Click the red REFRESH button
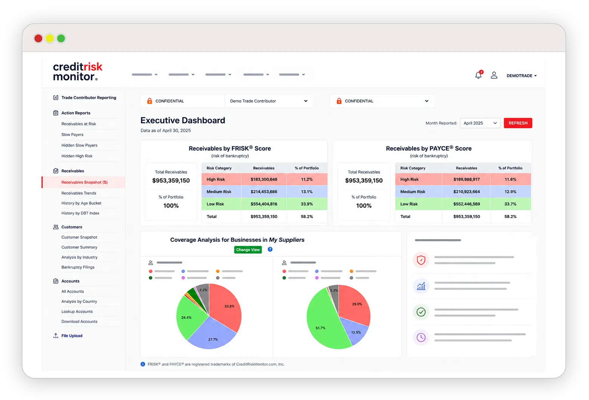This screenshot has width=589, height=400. pyautogui.click(x=518, y=123)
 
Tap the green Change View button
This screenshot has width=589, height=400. pyautogui.click(x=248, y=250)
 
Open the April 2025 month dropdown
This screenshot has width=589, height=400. pyautogui.click(x=480, y=123)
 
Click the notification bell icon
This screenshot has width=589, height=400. pyautogui.click(x=478, y=75)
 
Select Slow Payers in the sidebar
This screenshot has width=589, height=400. pyautogui.click(x=72, y=135)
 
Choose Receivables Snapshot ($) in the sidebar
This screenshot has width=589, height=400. pyautogui.click(x=84, y=182)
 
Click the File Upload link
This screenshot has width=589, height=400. pyautogui.click(x=72, y=336)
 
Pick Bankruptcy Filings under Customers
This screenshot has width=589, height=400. pyautogui.click(x=78, y=267)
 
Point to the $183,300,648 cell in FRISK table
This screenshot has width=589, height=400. pyautogui.click(x=264, y=179)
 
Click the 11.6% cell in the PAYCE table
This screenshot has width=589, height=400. pyautogui.click(x=510, y=179)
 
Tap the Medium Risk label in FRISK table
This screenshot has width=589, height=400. pyautogui.click(x=219, y=192)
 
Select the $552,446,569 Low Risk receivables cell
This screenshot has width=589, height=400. pyautogui.click(x=467, y=204)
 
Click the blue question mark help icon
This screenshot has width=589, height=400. pyautogui.click(x=270, y=249)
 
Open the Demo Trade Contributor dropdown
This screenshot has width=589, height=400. pyautogui.click(x=269, y=101)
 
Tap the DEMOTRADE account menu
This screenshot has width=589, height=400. pyautogui.click(x=521, y=76)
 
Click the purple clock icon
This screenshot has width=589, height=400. pyautogui.click(x=421, y=337)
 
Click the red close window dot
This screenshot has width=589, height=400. pyautogui.click(x=39, y=39)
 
